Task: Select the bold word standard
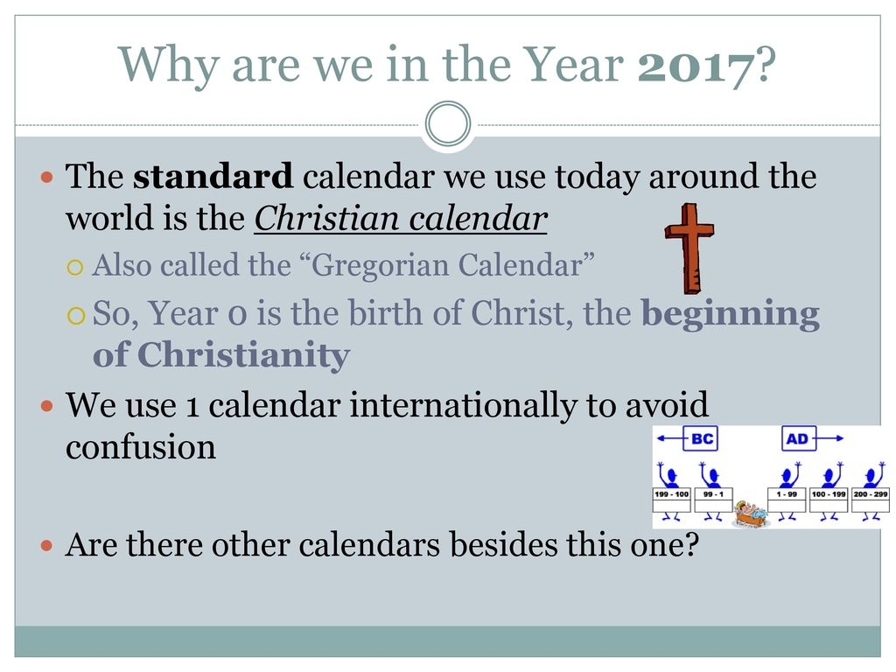(213, 176)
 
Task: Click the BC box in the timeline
(701, 438)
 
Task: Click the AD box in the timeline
(798, 438)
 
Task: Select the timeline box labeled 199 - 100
(671, 500)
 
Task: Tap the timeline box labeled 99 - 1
(714, 500)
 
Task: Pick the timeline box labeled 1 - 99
(787, 500)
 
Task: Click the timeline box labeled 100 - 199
(829, 500)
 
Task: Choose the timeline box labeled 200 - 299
(871, 500)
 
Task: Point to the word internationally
(464, 405)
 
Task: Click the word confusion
(141, 447)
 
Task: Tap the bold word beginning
(731, 315)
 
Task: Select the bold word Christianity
(243, 355)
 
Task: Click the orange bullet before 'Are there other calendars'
(47, 546)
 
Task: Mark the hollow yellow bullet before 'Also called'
(75, 268)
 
